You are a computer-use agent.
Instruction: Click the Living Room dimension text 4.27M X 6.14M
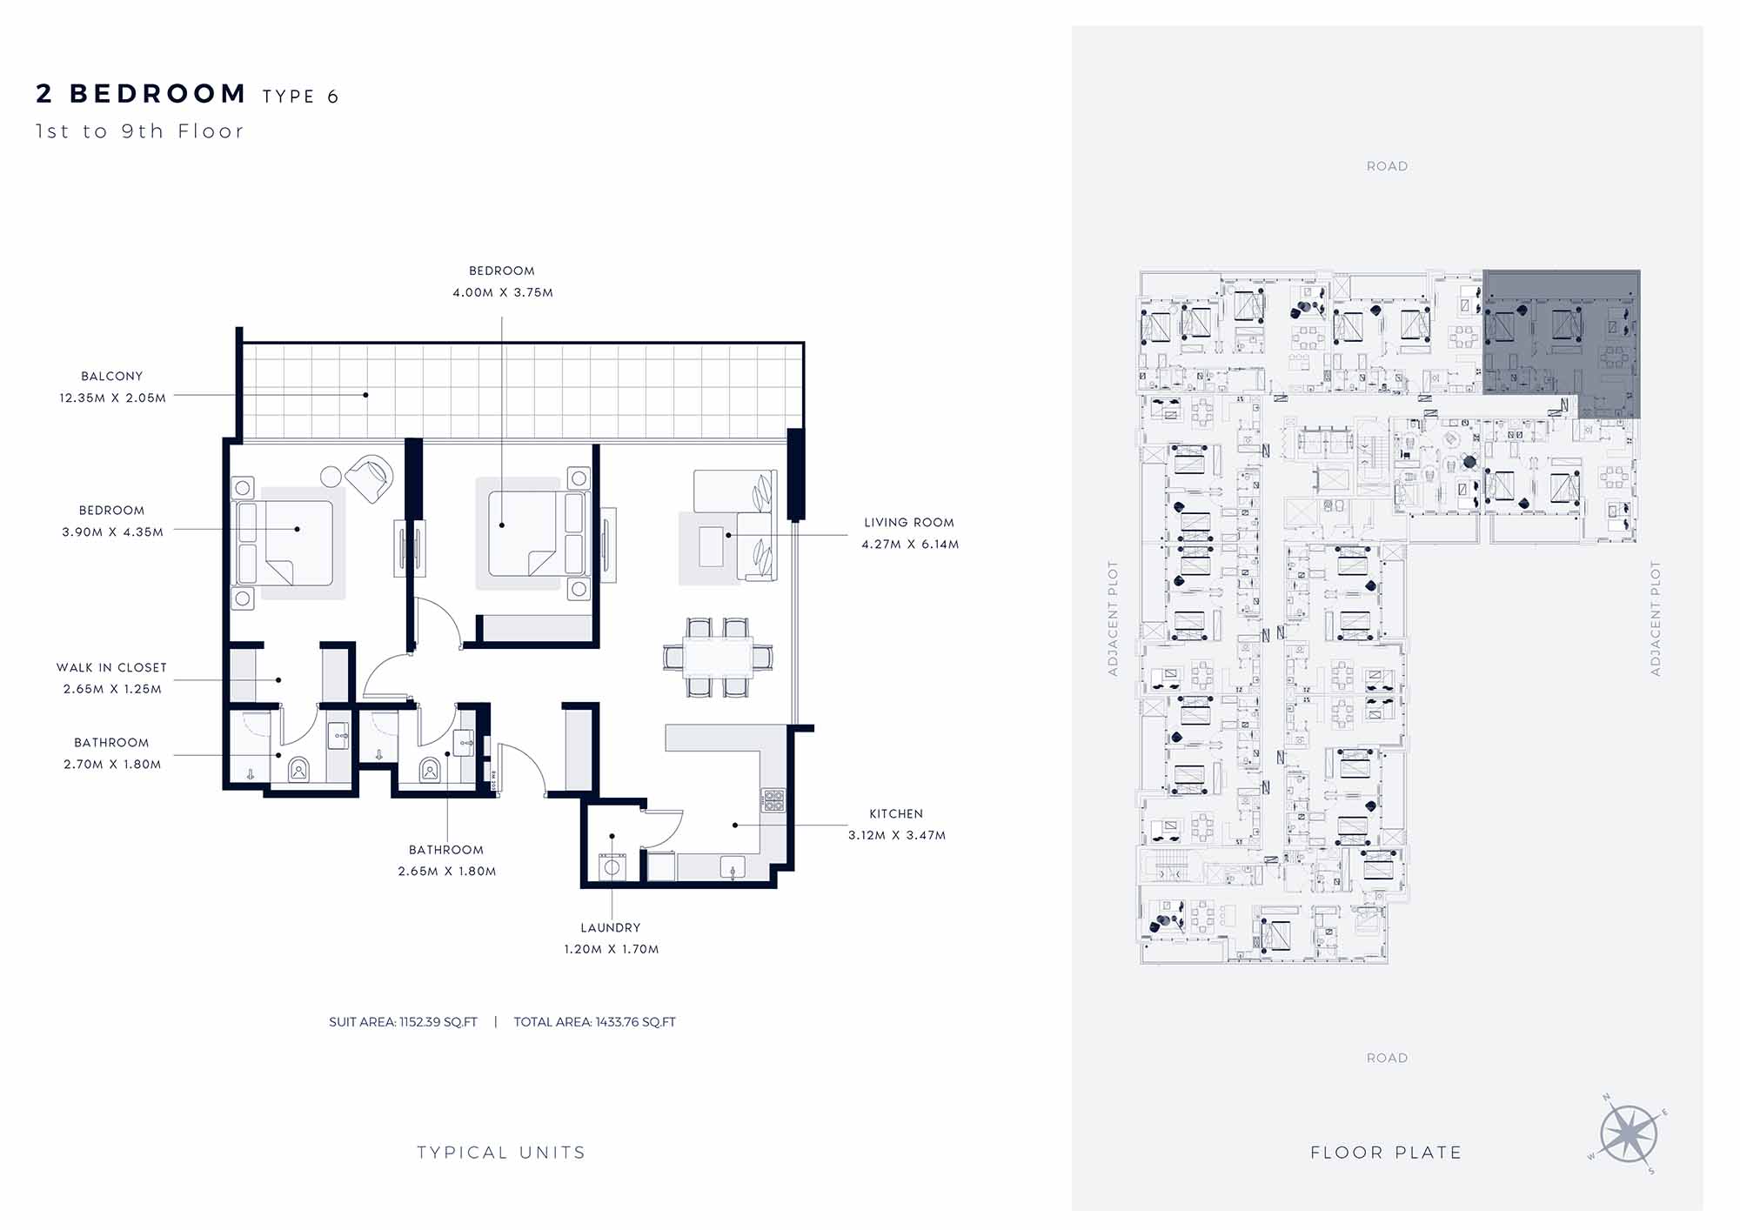point(910,545)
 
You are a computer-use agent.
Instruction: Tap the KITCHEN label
point(896,813)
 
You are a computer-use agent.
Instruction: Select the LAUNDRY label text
point(611,928)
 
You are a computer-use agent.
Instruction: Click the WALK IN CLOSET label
point(111,667)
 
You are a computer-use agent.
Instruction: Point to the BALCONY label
point(111,376)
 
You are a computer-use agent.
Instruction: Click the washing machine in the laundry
point(612,867)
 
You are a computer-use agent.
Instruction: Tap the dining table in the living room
point(719,658)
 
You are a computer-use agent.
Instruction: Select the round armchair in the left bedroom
point(370,478)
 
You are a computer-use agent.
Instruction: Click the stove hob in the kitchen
point(773,800)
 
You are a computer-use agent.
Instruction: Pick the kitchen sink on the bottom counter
point(733,867)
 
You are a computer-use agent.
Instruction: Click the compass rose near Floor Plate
point(1629,1134)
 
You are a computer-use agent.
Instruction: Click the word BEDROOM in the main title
point(158,93)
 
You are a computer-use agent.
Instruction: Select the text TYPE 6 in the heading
point(301,97)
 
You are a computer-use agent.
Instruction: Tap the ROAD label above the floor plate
point(1387,166)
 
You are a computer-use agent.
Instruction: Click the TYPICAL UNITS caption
point(501,1153)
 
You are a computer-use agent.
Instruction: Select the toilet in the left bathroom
point(298,770)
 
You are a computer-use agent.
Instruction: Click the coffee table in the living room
point(711,546)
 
